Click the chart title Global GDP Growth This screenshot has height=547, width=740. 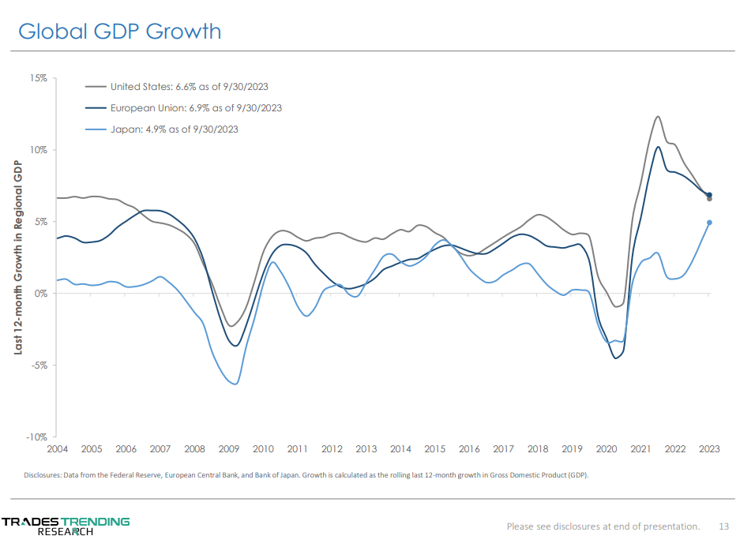(x=120, y=32)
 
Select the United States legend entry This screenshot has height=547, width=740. (x=193, y=87)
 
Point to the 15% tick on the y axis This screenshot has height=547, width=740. (x=39, y=78)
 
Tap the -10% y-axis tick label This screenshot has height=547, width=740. (x=38, y=436)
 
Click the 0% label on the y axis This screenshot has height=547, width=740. (x=42, y=294)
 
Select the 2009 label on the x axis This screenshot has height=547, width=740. (x=228, y=449)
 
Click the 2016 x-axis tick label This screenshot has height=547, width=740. (x=469, y=449)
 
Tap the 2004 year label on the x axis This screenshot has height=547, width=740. (x=57, y=449)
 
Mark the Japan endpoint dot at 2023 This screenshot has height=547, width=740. (x=709, y=223)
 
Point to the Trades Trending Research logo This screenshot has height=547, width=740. (x=66, y=526)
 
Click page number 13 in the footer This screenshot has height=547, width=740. (x=723, y=526)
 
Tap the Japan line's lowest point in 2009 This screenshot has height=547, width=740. (x=235, y=384)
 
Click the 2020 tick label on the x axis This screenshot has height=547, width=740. (x=607, y=449)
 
